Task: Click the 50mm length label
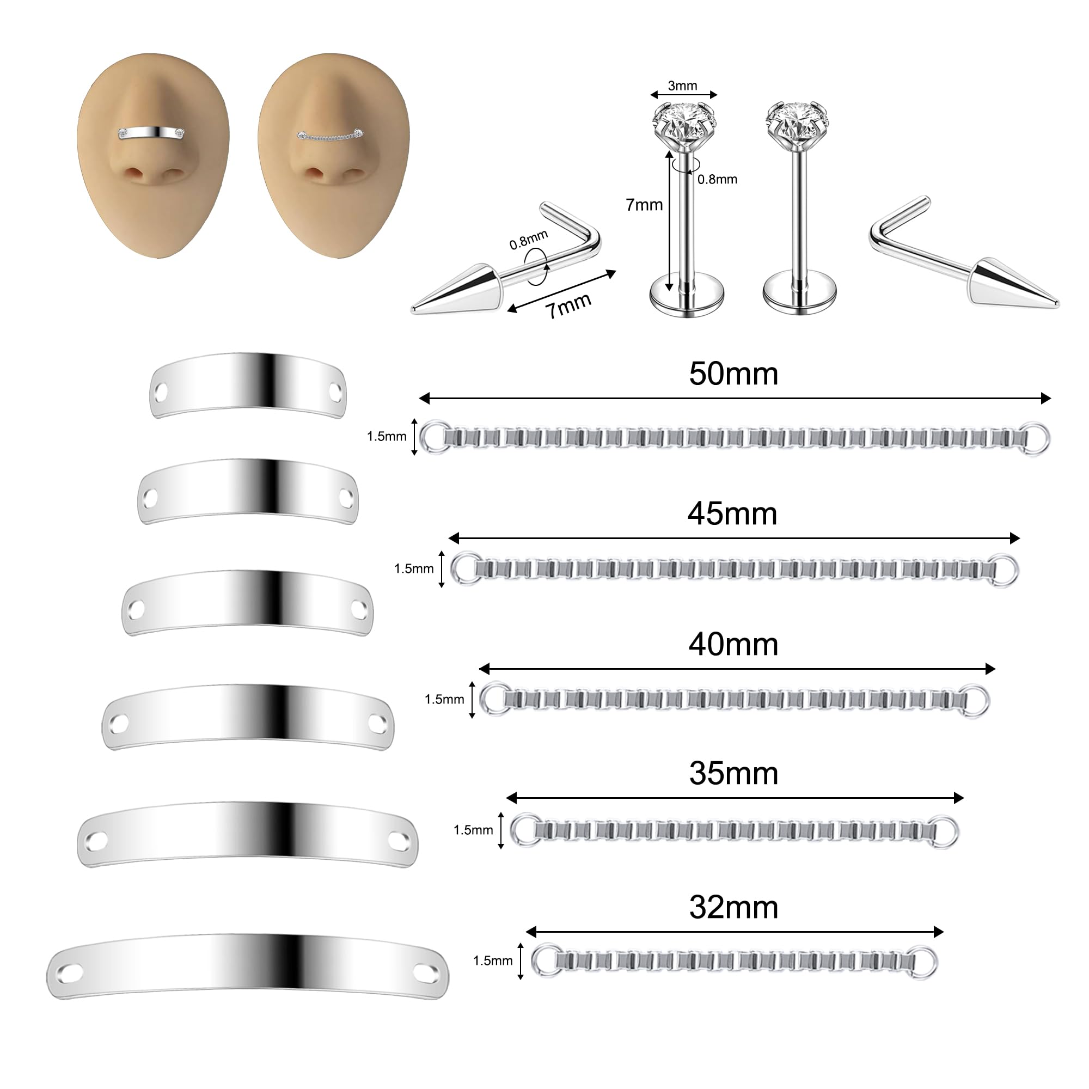(733, 374)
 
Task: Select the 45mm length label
(732, 513)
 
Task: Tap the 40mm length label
(733, 644)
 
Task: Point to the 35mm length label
(733, 773)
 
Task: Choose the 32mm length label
(733, 908)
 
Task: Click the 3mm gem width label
(682, 85)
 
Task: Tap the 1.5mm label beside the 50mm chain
(386, 436)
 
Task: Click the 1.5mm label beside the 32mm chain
(492, 960)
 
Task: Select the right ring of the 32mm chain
(922, 961)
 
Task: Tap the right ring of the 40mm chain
(974, 700)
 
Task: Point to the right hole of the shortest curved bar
(335, 390)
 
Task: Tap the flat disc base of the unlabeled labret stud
(799, 295)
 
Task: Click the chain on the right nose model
(331, 137)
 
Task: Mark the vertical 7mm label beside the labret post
(644, 205)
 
